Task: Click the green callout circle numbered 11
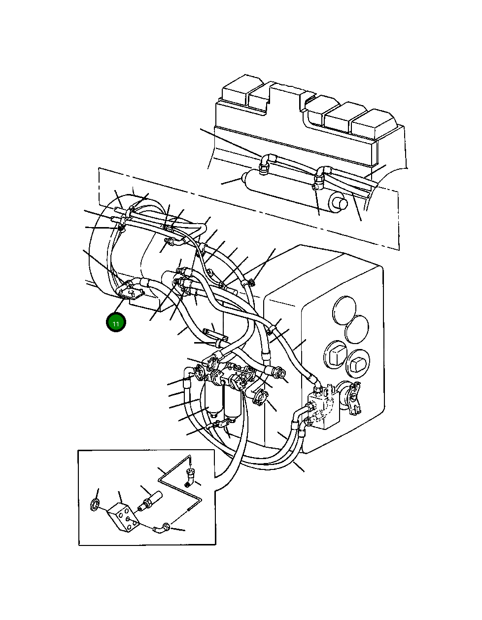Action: pyautogui.click(x=116, y=323)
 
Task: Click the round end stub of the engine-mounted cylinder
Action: pyautogui.click(x=337, y=202)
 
